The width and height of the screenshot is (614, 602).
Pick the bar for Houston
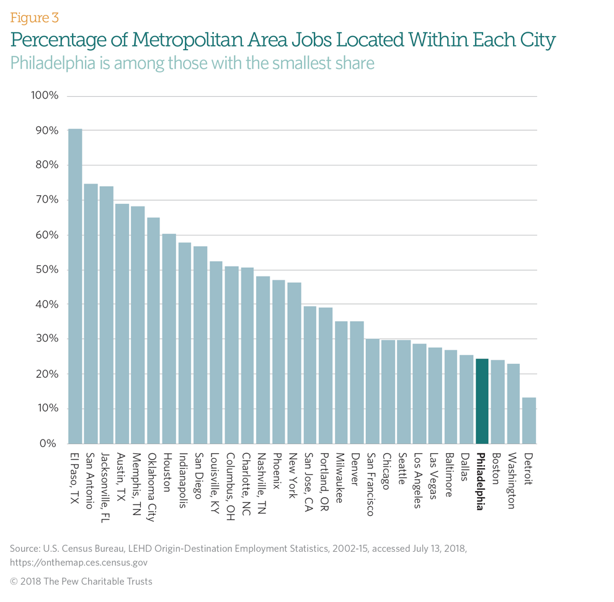(169, 339)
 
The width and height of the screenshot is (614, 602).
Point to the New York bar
(295, 363)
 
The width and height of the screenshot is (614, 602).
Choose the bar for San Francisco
(373, 391)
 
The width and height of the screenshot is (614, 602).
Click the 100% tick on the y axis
(44, 96)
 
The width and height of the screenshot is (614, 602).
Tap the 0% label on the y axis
(48, 444)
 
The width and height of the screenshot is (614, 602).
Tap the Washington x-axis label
(513, 480)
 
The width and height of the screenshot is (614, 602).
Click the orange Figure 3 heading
(35, 17)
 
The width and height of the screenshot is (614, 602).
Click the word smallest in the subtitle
(292, 63)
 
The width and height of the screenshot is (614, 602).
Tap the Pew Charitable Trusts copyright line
(81, 582)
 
